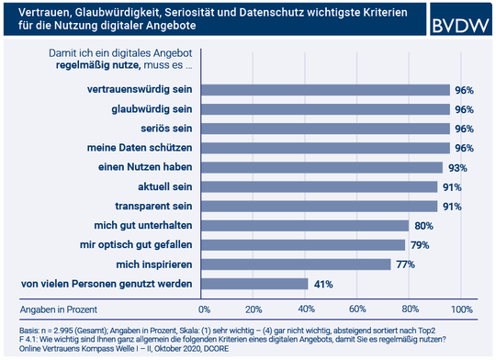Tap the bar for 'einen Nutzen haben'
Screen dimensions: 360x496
point(321,167)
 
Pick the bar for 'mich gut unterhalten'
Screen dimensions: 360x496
point(304,225)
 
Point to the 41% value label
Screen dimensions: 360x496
point(324,284)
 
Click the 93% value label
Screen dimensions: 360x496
point(458,167)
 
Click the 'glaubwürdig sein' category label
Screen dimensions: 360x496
point(147,109)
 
